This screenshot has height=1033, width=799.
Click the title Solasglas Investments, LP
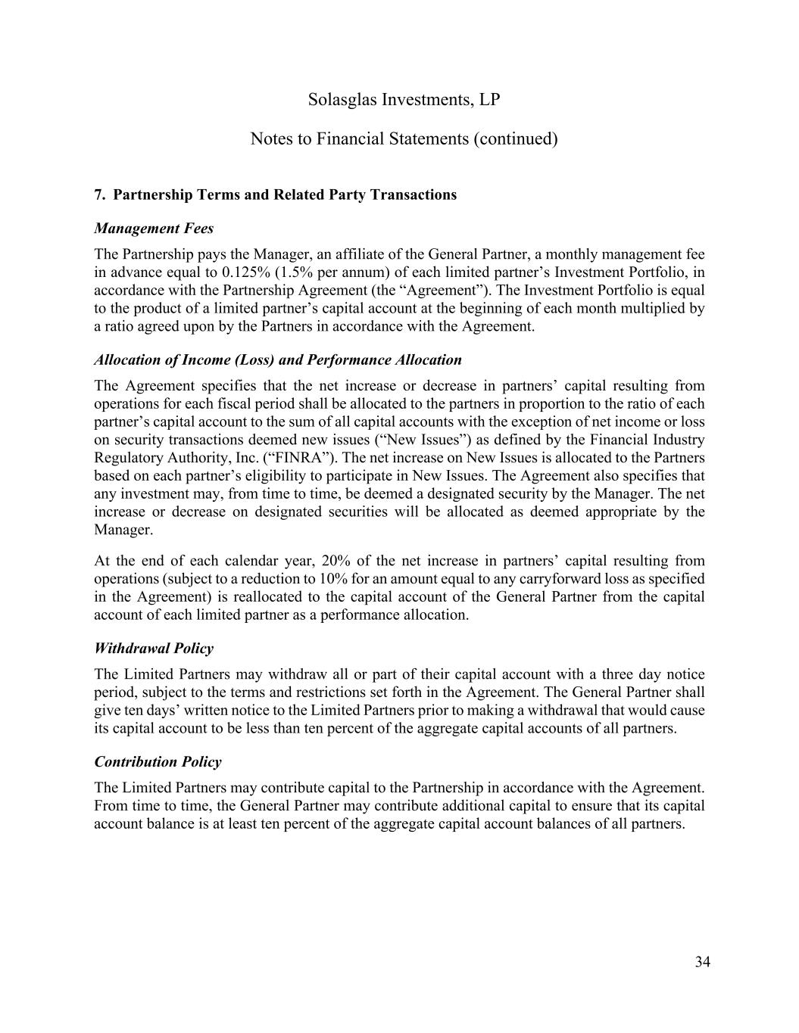(x=404, y=100)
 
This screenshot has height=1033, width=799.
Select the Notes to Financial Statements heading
(x=404, y=139)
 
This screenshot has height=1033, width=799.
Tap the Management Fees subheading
(x=154, y=229)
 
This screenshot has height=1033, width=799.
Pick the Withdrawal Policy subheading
(x=154, y=649)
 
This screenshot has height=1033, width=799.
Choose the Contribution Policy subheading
(x=158, y=762)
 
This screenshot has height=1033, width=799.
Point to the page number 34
(x=702, y=963)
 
